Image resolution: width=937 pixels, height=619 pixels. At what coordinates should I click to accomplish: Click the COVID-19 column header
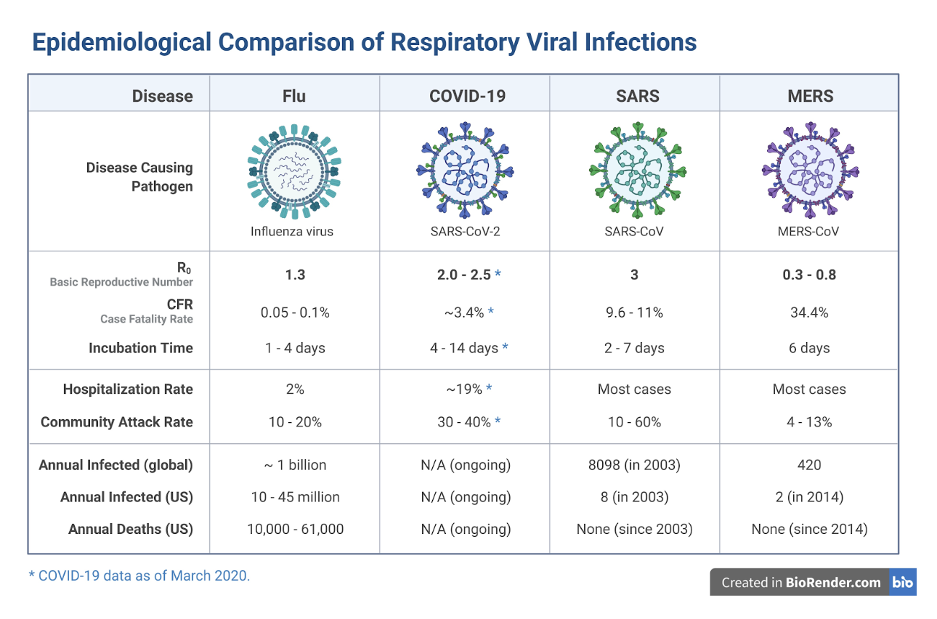(467, 96)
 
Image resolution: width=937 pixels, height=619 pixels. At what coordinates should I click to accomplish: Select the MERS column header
(810, 96)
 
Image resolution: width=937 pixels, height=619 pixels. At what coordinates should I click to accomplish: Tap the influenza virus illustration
(295, 171)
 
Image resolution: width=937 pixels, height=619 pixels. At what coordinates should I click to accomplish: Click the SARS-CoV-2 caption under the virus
(467, 232)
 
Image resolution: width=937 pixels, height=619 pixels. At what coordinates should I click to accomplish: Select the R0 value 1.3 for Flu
(295, 275)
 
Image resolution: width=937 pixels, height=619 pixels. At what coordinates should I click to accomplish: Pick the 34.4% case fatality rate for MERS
(809, 312)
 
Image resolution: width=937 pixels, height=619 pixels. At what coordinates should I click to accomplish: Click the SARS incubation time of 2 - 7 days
(634, 348)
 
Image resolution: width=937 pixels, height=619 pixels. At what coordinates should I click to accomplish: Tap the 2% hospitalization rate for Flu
(295, 389)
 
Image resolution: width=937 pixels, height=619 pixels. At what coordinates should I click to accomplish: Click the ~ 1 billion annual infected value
(295, 465)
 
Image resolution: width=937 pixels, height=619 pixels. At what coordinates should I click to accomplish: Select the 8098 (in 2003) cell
(634, 465)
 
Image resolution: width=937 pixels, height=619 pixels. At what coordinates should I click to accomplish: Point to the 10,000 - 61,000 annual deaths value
(295, 529)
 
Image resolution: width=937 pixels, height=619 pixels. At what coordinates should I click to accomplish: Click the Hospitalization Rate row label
(128, 389)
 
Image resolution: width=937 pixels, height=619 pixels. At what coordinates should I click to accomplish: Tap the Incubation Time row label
(141, 348)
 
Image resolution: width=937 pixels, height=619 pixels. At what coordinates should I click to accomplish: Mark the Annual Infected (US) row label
(126, 497)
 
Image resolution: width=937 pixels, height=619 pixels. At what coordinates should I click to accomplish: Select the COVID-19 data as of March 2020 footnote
(139, 576)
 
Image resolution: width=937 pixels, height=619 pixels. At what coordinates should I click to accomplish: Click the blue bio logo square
(903, 582)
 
